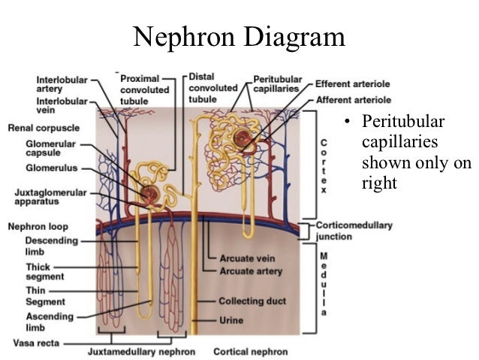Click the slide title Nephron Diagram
(239, 36)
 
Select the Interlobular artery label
(61, 83)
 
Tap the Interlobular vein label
(61, 105)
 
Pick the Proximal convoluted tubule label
(144, 89)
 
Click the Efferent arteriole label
(352, 83)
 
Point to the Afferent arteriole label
(353, 99)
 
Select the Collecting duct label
(252, 301)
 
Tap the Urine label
(231, 319)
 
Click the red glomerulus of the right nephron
(242, 138)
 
